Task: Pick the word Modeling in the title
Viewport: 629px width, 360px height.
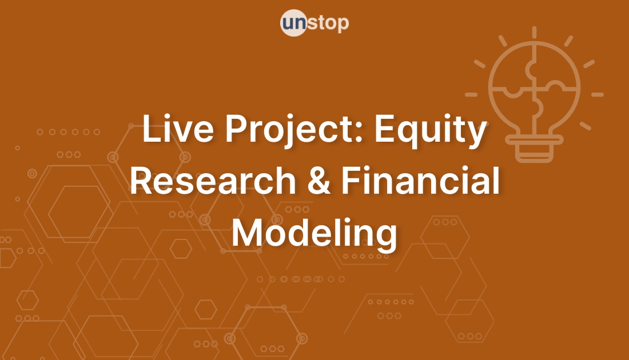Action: point(314,234)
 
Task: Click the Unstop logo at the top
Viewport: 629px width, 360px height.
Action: point(314,24)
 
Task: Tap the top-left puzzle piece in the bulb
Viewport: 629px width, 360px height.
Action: point(513,71)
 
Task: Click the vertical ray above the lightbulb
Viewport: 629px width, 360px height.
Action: point(534,33)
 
